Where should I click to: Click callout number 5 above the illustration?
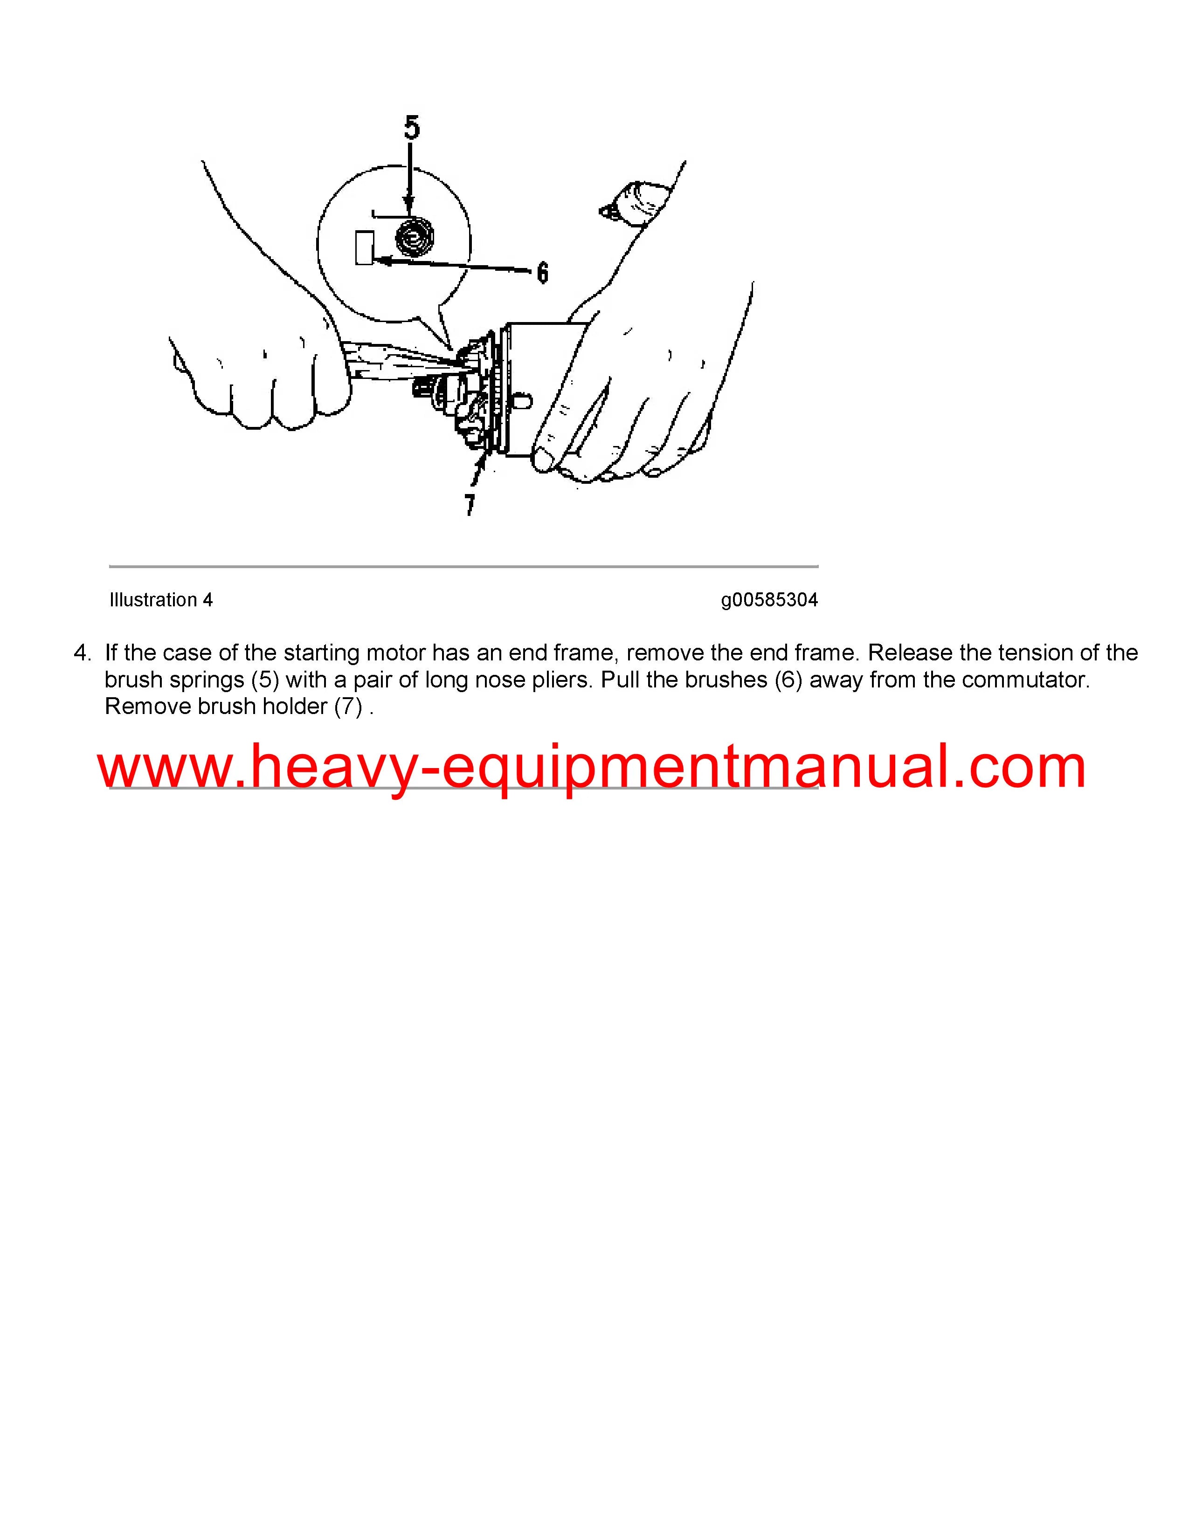[x=412, y=127]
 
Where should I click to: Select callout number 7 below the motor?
[x=470, y=504]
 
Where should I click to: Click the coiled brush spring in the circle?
[x=414, y=237]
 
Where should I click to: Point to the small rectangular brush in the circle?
[x=364, y=248]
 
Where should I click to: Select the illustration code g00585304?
[x=769, y=600]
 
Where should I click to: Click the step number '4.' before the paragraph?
[x=83, y=653]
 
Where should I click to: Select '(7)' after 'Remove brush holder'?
[x=348, y=707]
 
